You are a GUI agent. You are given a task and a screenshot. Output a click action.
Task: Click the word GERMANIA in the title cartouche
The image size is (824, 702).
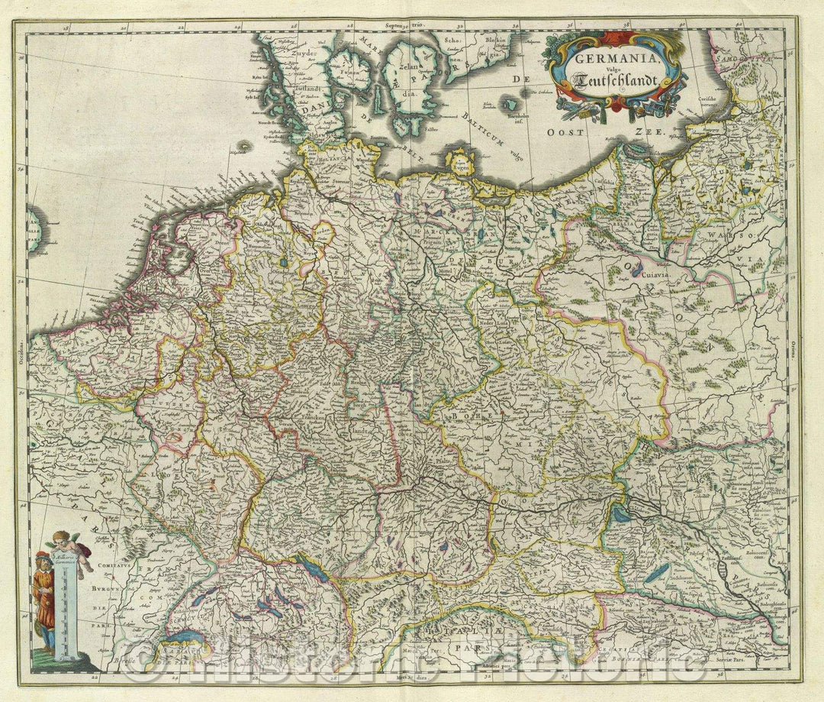607,59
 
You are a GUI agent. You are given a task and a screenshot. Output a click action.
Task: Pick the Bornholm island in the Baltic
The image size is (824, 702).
510,105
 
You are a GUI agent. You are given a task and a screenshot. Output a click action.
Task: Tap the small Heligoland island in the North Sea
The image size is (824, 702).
246,146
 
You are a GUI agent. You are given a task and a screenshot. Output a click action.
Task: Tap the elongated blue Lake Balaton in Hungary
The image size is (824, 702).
655,573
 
